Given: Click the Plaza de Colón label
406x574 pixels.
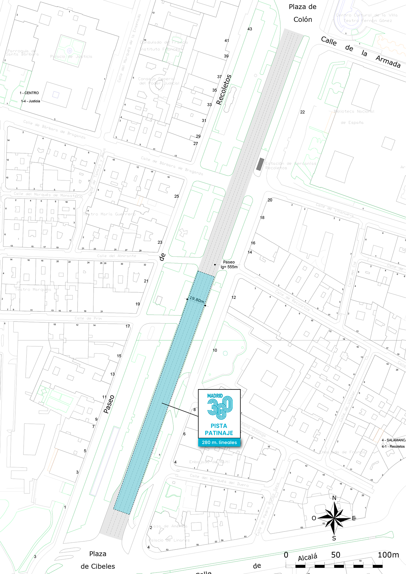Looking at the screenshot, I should [303, 13].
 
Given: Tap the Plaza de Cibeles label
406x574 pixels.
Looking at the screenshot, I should [98, 560].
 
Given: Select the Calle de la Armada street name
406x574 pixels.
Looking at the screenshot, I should [361, 52].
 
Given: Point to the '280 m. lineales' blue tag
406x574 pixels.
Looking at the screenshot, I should [219, 442].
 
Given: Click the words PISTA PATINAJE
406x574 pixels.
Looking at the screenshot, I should [219, 429].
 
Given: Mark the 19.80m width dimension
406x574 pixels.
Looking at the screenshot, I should [197, 300].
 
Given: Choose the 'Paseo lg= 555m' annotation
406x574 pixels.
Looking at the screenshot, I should [229, 264].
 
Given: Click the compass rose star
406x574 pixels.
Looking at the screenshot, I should [334, 518].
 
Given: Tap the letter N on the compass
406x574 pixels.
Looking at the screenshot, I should [334, 498].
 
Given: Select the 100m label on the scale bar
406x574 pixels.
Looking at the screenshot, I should [388, 555].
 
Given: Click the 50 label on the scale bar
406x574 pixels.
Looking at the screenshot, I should [336, 555].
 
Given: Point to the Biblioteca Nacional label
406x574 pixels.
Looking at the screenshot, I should [354, 112].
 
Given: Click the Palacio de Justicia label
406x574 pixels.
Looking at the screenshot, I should [71, 57].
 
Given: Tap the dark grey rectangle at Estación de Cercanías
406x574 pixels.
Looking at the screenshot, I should [260, 164].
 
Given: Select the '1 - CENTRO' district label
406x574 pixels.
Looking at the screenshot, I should [29, 93].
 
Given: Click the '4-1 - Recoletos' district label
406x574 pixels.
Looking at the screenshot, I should [393, 446].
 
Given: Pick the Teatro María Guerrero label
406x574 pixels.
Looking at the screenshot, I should [109, 214].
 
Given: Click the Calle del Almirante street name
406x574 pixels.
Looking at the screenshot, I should [116, 256].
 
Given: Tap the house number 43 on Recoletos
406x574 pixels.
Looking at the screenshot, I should [250, 29].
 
